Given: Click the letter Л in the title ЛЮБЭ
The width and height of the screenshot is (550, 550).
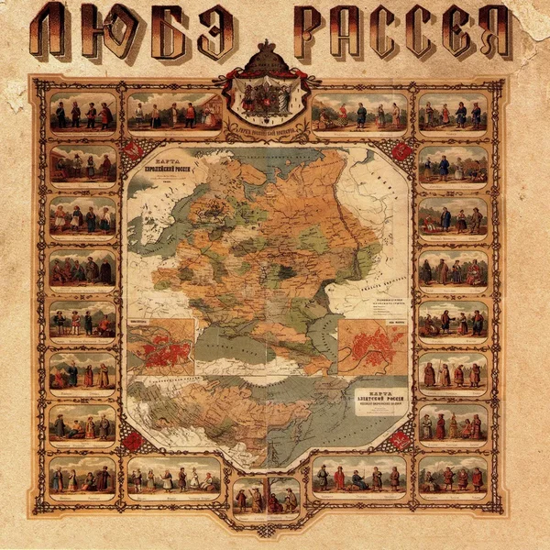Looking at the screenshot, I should pyautogui.click(x=57, y=32).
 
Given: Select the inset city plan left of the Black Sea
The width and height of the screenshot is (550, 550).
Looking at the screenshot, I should pyautogui.click(x=161, y=346).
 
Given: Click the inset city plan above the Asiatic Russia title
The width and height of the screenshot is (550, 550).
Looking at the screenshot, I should pyautogui.click(x=372, y=346).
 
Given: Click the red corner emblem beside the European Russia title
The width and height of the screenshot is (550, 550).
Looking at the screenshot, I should pyautogui.click(x=134, y=150).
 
